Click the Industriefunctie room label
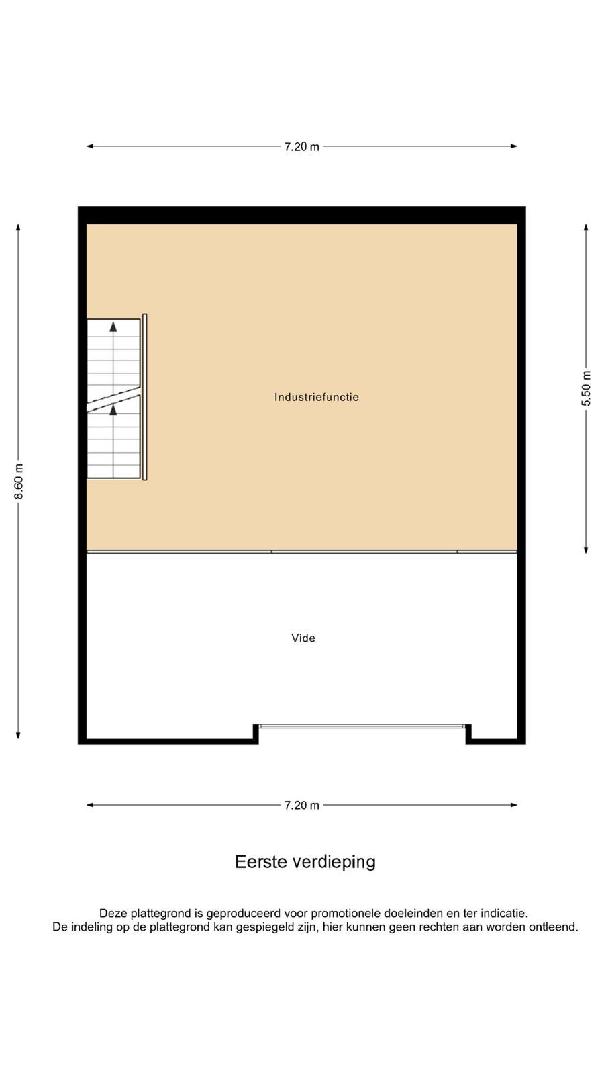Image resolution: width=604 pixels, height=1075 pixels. click(x=316, y=397)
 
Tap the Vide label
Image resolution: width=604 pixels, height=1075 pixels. click(x=303, y=638)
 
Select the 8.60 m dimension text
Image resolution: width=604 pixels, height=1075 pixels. click(x=18, y=481)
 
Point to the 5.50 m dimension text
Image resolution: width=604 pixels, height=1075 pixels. click(x=586, y=388)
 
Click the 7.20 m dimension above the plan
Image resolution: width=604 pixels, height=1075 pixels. click(x=301, y=147)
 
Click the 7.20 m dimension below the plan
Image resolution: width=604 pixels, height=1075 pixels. click(x=301, y=806)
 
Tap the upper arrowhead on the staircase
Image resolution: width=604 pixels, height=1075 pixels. click(x=113, y=327)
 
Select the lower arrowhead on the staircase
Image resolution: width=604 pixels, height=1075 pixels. click(x=113, y=409)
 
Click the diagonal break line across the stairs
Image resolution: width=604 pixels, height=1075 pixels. click(x=113, y=399)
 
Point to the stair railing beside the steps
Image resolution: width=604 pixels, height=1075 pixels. click(x=145, y=397)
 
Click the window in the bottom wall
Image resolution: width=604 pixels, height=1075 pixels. click(x=362, y=726)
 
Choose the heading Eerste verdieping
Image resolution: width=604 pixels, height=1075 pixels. click(x=305, y=862)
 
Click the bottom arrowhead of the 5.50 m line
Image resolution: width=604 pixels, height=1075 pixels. click(x=586, y=550)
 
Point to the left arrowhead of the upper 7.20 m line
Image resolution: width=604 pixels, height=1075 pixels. click(x=90, y=146)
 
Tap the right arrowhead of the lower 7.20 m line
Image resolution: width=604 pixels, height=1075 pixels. click(x=513, y=805)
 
